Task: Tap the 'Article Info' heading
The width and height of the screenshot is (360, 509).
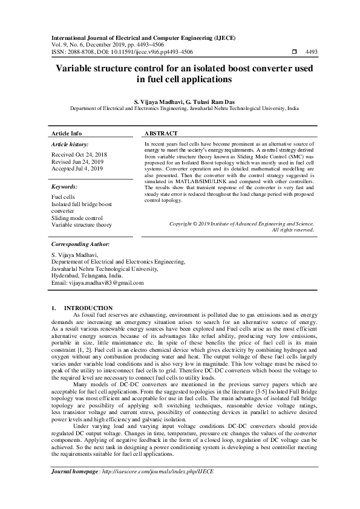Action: (x=67, y=133)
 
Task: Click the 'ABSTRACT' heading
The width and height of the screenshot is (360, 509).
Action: (x=162, y=133)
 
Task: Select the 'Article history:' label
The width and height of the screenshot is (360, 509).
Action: (x=70, y=144)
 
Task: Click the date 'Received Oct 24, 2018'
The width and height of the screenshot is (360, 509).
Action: (x=80, y=155)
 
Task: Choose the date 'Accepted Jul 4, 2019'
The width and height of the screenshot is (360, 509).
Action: (x=77, y=169)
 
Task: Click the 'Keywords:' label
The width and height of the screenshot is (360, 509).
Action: (x=64, y=187)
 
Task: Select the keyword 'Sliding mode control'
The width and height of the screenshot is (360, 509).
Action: (x=77, y=218)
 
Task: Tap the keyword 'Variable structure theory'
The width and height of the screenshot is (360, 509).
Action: (x=82, y=225)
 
